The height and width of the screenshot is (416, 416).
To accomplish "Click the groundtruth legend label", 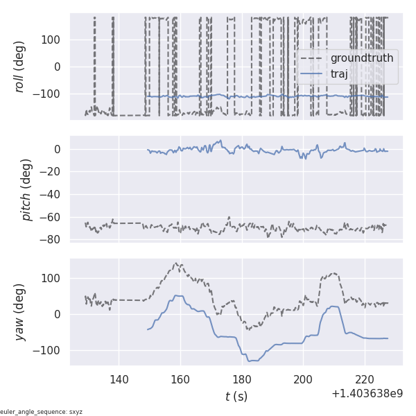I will (361, 58).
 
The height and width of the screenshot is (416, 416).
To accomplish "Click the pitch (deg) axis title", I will (27, 189).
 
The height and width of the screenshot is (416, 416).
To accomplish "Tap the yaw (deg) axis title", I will (20, 312).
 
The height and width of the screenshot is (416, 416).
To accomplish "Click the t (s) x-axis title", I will (236, 397).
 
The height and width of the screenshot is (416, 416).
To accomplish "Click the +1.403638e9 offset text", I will (367, 394).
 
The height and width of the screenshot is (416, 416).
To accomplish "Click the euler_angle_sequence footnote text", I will (42, 412).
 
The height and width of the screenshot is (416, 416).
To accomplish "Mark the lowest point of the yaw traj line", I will (250, 361).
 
